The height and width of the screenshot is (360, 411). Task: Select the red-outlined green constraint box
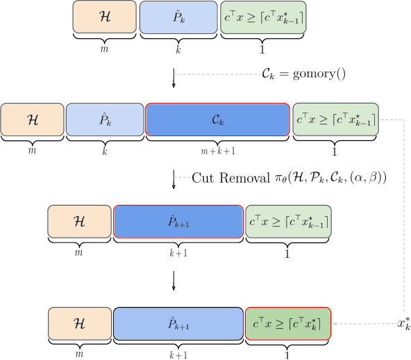coord(287,324)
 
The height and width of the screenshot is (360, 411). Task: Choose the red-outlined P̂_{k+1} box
coord(178,222)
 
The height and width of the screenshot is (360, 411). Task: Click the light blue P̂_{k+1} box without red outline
coord(178,324)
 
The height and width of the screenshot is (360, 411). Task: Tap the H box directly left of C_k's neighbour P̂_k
coord(33,120)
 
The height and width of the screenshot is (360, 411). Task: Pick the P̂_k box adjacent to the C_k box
coord(104,120)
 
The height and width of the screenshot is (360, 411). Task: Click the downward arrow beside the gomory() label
coord(174,78)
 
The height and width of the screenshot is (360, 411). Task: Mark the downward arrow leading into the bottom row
coord(174,279)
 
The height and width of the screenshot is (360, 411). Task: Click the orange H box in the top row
coord(104,17)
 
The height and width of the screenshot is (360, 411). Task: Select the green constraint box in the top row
coord(262,17)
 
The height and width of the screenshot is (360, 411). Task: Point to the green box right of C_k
coord(336,120)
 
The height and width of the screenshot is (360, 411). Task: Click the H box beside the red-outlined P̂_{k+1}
coord(78,222)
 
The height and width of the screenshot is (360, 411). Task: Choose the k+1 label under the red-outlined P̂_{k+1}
coord(178,253)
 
